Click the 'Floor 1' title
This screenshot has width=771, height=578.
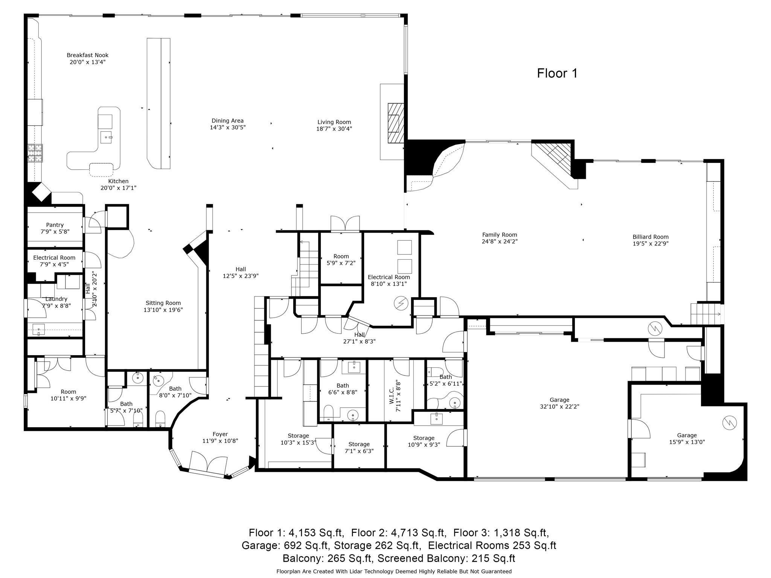click(557, 73)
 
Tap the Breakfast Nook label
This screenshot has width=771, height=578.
click(88, 55)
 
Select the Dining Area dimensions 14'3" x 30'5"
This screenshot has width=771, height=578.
click(228, 128)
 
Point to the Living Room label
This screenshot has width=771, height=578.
click(334, 122)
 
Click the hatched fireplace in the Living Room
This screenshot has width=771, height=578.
click(396, 123)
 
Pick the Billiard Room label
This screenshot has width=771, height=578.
click(651, 237)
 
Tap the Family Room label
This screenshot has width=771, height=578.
click(500, 235)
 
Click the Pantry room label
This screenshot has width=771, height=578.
click(55, 225)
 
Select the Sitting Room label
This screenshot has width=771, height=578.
click(163, 303)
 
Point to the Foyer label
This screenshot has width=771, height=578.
click(220, 434)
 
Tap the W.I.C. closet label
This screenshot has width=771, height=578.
click(392, 396)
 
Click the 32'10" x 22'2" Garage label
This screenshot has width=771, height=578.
click(559, 403)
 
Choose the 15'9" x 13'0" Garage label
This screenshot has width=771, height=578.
click(687, 438)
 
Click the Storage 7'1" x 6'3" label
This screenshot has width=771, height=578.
click(359, 447)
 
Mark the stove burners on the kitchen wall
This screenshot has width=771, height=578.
click(35, 153)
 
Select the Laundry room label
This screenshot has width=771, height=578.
click(56, 299)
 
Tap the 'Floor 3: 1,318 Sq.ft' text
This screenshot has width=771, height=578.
click(501, 533)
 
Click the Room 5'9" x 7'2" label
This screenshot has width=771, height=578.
click(341, 260)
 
